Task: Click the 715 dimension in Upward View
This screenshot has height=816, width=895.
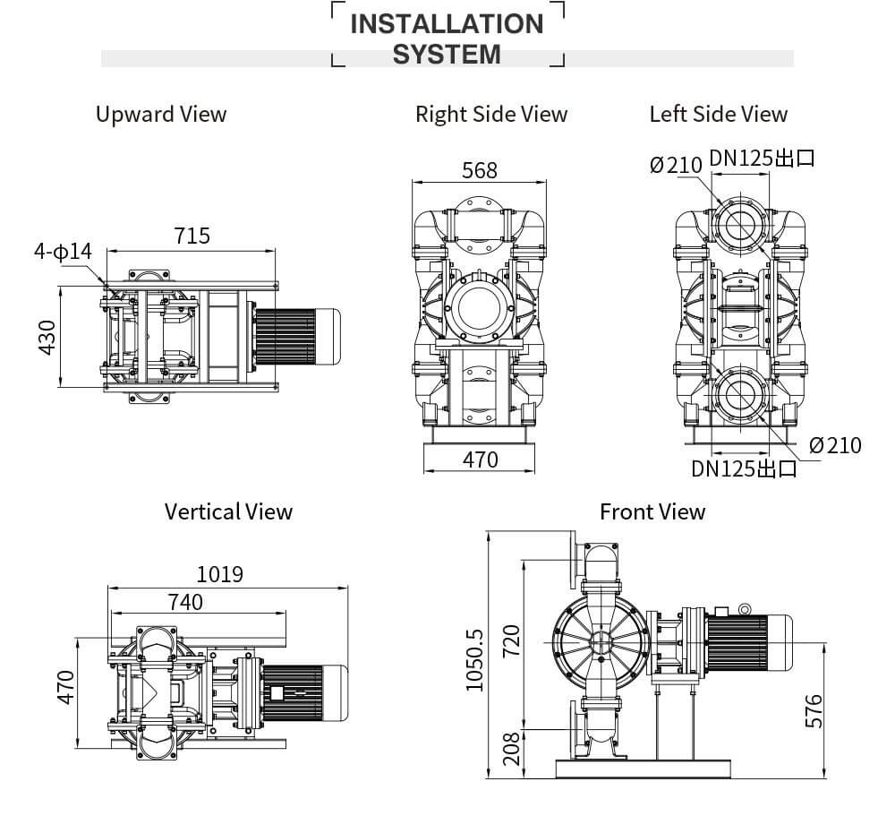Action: [x=192, y=236]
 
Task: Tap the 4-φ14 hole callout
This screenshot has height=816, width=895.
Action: [x=64, y=252]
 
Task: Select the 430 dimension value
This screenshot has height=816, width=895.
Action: [x=47, y=337]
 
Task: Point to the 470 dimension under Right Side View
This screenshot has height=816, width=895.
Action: [x=480, y=460]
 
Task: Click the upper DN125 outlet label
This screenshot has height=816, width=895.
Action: [x=763, y=159]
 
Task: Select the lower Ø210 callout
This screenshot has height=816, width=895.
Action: [x=835, y=444]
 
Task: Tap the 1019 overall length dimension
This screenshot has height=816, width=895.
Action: [x=219, y=574]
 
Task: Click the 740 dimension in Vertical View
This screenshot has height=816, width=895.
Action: [x=184, y=602]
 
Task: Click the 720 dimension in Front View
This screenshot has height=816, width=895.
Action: [x=511, y=640]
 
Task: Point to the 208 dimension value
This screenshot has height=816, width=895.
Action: [x=511, y=748]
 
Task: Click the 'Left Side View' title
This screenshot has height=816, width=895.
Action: [x=718, y=115]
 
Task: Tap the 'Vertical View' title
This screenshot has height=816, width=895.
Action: [x=228, y=511]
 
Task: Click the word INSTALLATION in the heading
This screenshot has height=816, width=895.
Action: [x=447, y=23]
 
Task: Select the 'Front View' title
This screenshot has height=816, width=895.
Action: [x=652, y=511]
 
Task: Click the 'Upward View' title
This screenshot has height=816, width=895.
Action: [x=161, y=115]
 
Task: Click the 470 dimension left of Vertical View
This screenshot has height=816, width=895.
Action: [x=65, y=687]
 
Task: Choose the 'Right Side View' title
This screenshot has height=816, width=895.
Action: [x=491, y=115]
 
